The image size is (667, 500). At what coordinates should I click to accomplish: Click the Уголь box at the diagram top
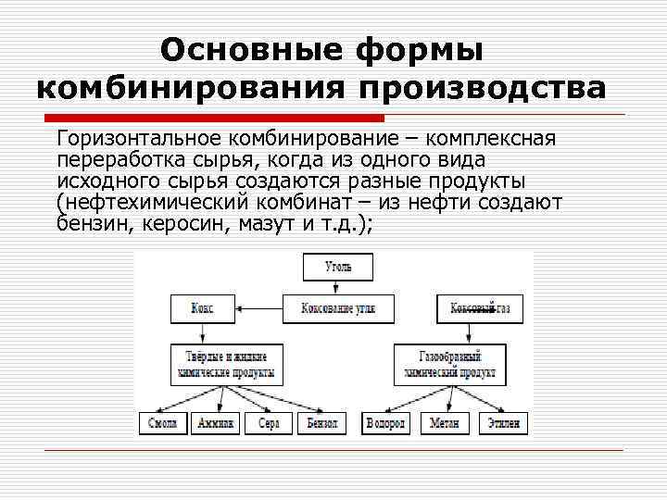tap(338, 267)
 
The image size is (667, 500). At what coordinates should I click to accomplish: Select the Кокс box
tap(202, 308)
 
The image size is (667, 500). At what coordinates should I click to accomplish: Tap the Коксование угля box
tap(338, 308)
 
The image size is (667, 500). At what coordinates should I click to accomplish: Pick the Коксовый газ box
tap(478, 308)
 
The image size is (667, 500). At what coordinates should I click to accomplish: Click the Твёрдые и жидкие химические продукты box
tap(226, 364)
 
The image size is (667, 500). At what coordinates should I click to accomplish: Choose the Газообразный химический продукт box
tap(449, 364)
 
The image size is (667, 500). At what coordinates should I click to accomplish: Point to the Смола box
tap(162, 423)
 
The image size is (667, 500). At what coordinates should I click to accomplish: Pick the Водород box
tap(384, 423)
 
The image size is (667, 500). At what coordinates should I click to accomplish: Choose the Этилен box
tap(502, 423)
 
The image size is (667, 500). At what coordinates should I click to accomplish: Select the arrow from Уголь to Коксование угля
tap(338, 287)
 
